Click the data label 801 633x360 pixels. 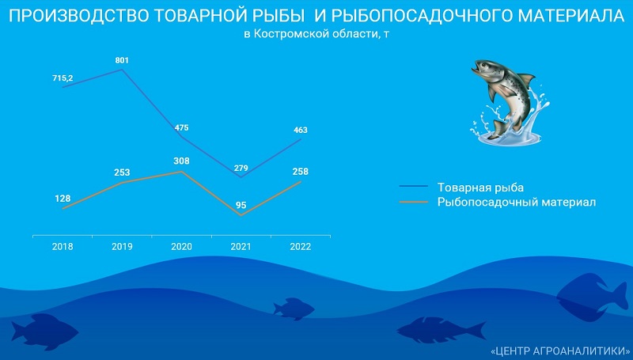tap(122, 61)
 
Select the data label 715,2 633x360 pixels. tap(63, 78)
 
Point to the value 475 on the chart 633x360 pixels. tap(182, 128)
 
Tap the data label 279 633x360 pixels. tap(241, 169)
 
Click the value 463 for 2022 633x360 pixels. tap(301, 130)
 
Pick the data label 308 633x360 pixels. tap(182, 161)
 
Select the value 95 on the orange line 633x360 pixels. tap(241, 206)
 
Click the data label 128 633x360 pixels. tap(63, 199)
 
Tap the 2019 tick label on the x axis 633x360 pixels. tap(122, 247)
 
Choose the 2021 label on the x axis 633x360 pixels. tap(241, 247)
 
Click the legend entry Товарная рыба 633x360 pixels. tap(480, 188)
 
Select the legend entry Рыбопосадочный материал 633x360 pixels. tap(517, 202)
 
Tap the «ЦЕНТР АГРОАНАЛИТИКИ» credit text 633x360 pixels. tap(559, 351)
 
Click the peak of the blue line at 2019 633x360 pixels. tap(122, 70)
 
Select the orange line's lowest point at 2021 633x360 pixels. tap(241, 215)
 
